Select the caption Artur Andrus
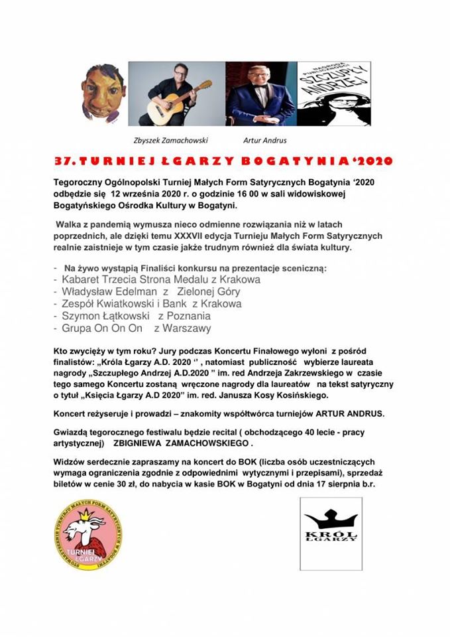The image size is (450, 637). [264, 141]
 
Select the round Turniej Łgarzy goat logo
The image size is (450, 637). [87, 535]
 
